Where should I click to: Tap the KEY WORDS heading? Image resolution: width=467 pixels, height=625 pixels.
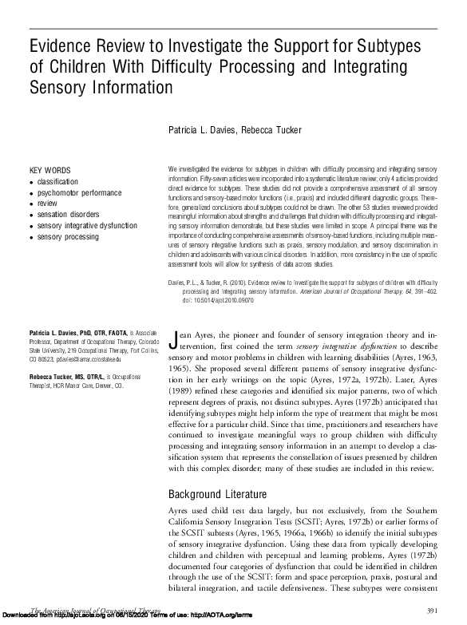49,171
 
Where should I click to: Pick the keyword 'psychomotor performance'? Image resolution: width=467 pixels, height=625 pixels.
78,193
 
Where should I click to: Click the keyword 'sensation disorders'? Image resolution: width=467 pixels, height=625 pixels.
68,215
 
